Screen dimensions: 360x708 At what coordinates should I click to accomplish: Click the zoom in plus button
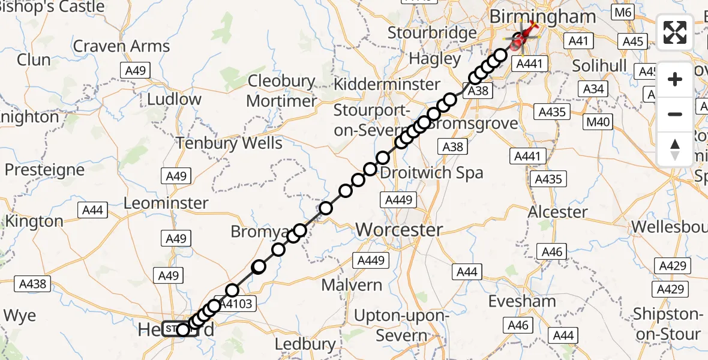click(x=675, y=79)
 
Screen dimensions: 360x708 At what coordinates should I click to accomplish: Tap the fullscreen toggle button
click(x=675, y=32)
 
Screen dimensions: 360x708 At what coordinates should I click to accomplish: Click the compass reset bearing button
click(x=675, y=149)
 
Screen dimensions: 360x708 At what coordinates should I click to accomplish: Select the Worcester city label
click(x=400, y=230)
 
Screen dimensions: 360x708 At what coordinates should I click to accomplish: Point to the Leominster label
click(x=166, y=203)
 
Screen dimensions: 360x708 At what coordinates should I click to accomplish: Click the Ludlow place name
click(x=175, y=99)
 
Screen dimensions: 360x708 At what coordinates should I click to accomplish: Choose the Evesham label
click(x=521, y=301)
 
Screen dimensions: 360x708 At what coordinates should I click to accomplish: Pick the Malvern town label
click(x=352, y=284)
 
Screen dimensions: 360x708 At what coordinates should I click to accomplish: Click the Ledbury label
click(x=305, y=344)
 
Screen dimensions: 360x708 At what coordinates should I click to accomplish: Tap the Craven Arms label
click(x=122, y=46)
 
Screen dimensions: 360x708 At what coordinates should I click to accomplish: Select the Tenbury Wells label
click(x=229, y=143)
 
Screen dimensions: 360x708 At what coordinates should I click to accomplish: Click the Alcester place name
click(x=558, y=212)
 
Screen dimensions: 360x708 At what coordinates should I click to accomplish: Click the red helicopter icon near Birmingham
click(x=520, y=40)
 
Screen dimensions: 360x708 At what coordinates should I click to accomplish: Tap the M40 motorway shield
click(x=598, y=123)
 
